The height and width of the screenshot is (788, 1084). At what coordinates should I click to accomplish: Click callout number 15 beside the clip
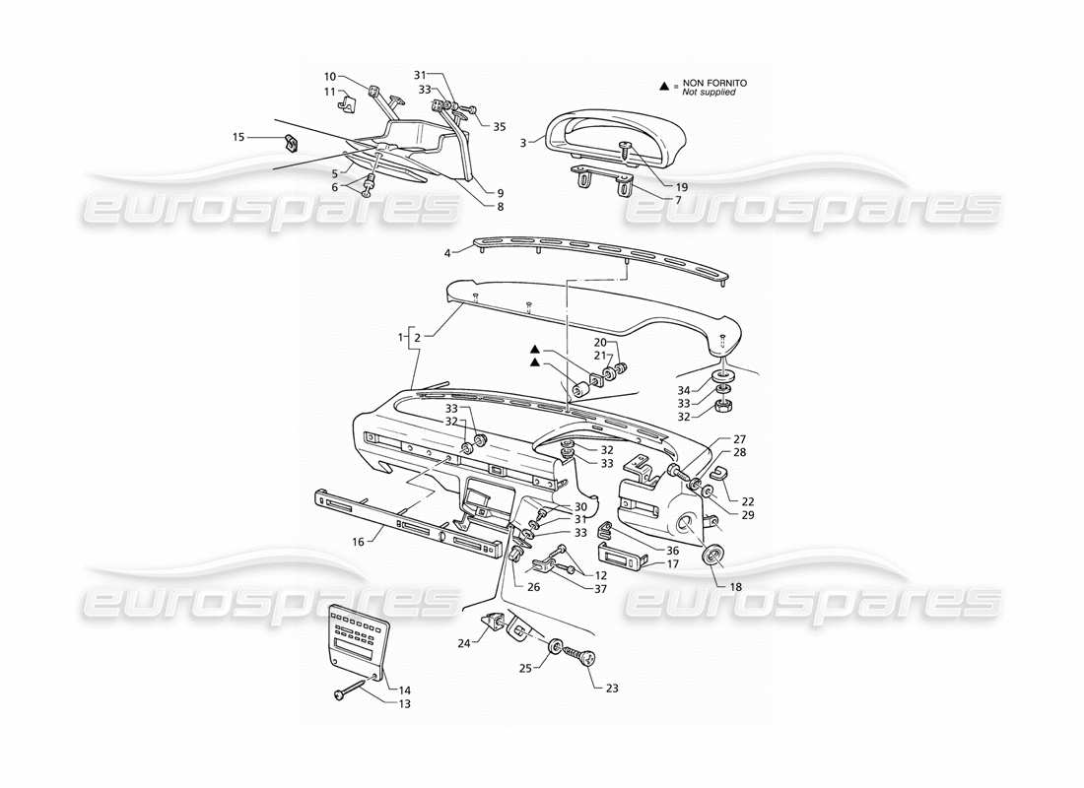[x=237, y=137]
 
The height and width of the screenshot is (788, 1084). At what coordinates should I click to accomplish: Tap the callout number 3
[x=523, y=143]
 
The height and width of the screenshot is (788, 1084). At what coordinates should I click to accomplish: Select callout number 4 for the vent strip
[x=446, y=253]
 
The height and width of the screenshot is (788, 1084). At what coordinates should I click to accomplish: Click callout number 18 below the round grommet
[x=734, y=586]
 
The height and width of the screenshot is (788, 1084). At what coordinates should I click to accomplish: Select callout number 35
[x=500, y=127]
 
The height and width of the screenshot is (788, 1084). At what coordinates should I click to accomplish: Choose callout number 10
[x=330, y=76]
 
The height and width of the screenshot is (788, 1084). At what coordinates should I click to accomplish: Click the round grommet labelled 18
[x=711, y=558]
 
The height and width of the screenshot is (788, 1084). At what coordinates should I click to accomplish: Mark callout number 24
[x=464, y=642]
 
